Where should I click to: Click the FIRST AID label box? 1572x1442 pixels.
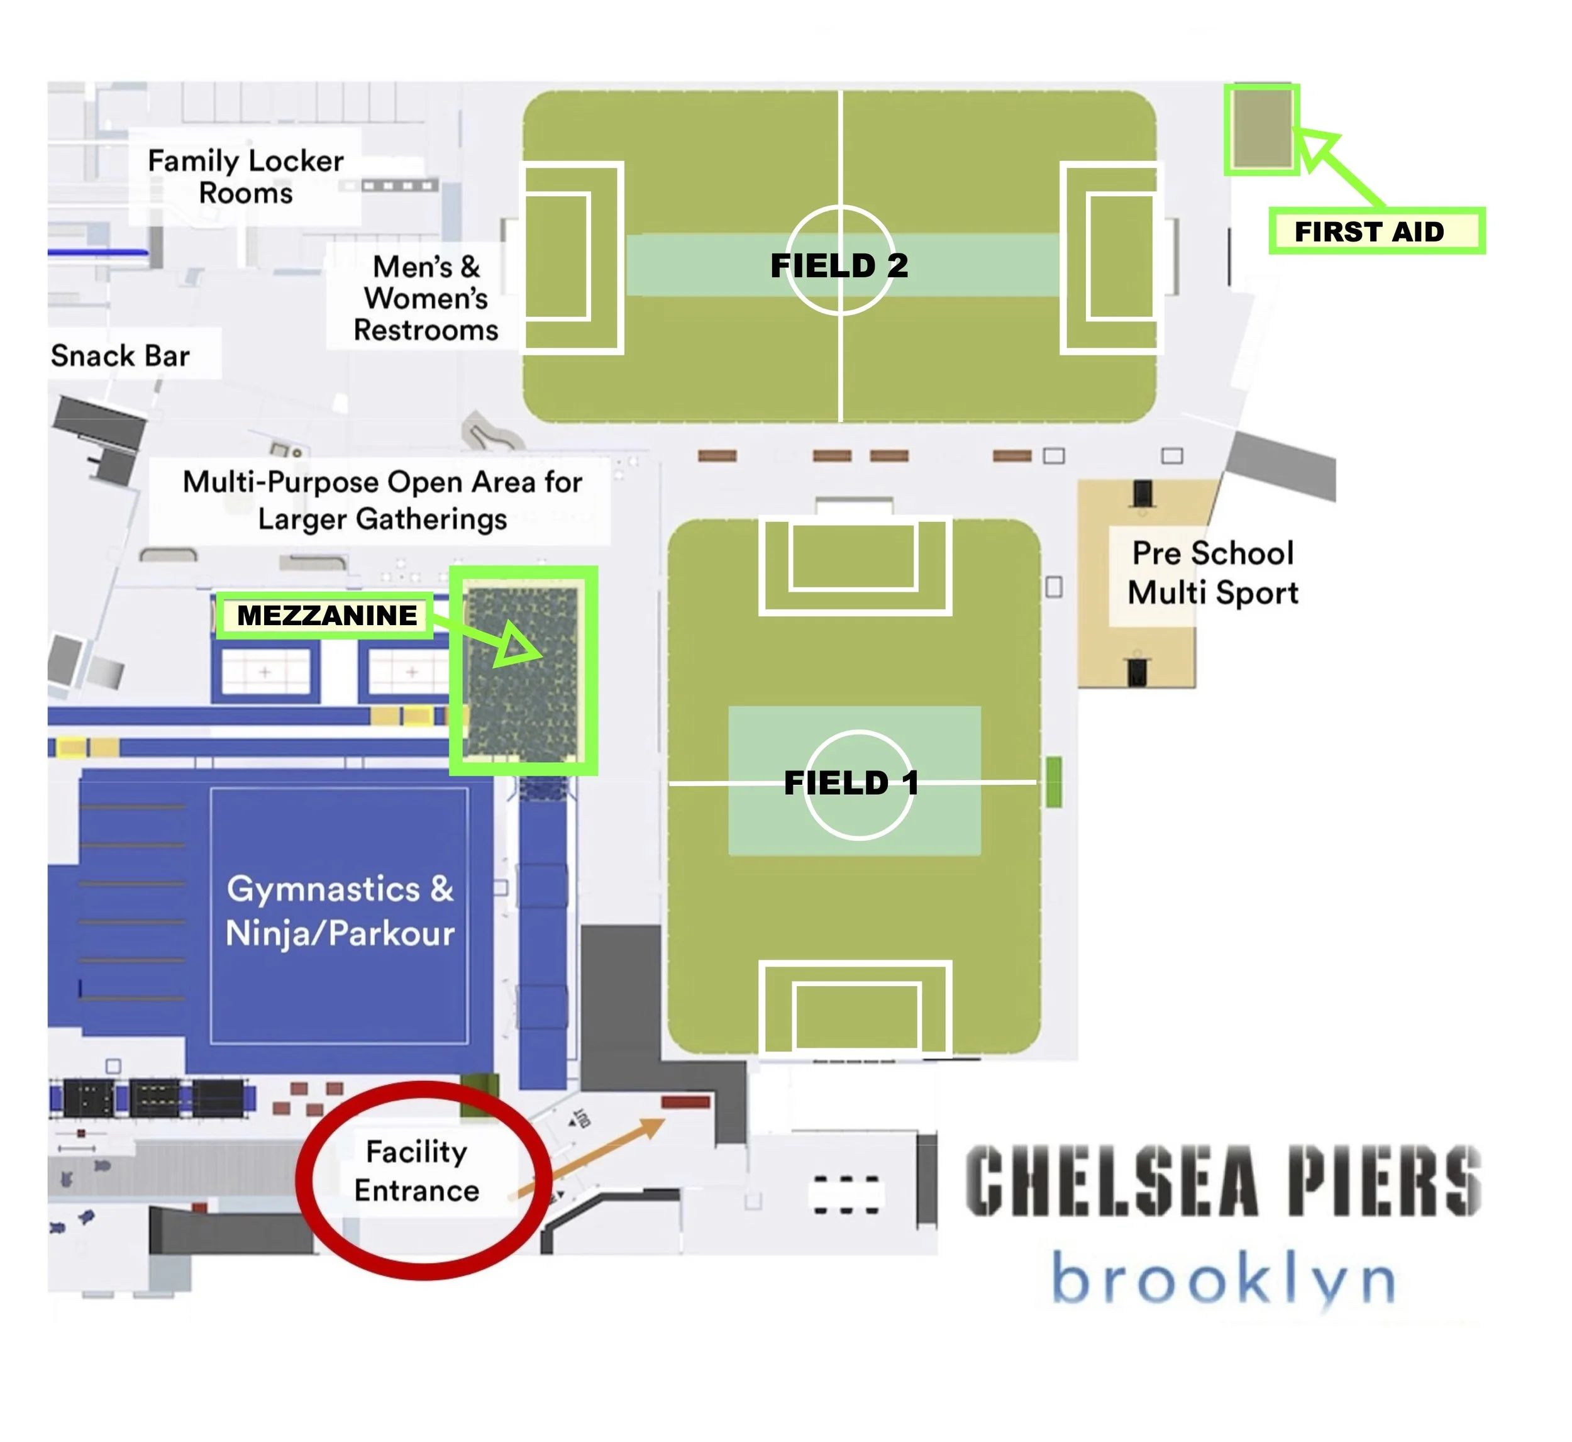[1376, 231]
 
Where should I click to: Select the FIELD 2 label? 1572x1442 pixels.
[839, 266]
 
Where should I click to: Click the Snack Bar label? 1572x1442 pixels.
[120, 356]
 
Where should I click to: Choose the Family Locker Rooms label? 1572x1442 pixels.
[246, 177]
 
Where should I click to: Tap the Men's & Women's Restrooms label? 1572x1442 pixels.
[425, 298]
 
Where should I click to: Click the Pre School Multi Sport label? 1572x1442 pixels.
[1212, 573]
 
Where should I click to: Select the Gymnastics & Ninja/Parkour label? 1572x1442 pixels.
[340, 911]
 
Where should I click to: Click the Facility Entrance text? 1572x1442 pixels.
[417, 1171]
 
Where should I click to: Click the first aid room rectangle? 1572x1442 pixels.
[1261, 130]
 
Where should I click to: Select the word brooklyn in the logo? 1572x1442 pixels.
[1222, 1282]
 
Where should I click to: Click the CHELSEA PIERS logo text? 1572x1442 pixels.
[1222, 1180]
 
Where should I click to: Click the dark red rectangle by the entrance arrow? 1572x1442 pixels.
[686, 1102]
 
